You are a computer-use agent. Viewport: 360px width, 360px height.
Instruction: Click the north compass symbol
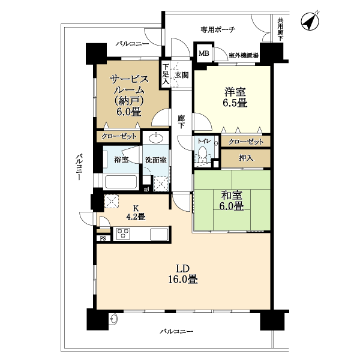point(310,21)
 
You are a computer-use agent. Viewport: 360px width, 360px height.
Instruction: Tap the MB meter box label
point(204,53)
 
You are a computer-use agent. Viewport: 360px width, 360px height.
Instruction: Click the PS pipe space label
point(103,239)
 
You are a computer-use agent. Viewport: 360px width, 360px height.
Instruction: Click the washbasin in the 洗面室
point(156,138)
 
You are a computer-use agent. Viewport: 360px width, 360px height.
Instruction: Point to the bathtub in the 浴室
point(121,182)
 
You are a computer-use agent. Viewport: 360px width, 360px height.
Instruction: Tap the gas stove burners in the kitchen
point(123,234)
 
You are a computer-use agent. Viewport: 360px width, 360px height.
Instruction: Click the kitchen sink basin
point(159,234)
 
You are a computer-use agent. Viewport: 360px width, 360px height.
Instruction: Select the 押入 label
point(246,158)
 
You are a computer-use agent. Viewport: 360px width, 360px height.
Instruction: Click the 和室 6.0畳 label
point(232,200)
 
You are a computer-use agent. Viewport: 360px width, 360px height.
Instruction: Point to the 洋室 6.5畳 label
point(235,97)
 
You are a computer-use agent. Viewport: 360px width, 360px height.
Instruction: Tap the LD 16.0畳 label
point(183,274)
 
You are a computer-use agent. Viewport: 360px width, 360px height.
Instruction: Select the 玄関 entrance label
point(182,75)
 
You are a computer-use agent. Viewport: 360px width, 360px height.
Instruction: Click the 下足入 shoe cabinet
point(166,74)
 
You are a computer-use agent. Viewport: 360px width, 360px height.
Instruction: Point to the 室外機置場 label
point(244,56)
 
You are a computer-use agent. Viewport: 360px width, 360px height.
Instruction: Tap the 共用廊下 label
point(280,29)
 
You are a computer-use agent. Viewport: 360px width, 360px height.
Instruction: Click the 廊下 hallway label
point(181,122)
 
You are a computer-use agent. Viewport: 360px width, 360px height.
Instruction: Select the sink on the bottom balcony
point(113,319)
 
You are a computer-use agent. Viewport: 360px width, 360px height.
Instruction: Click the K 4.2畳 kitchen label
point(136,212)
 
